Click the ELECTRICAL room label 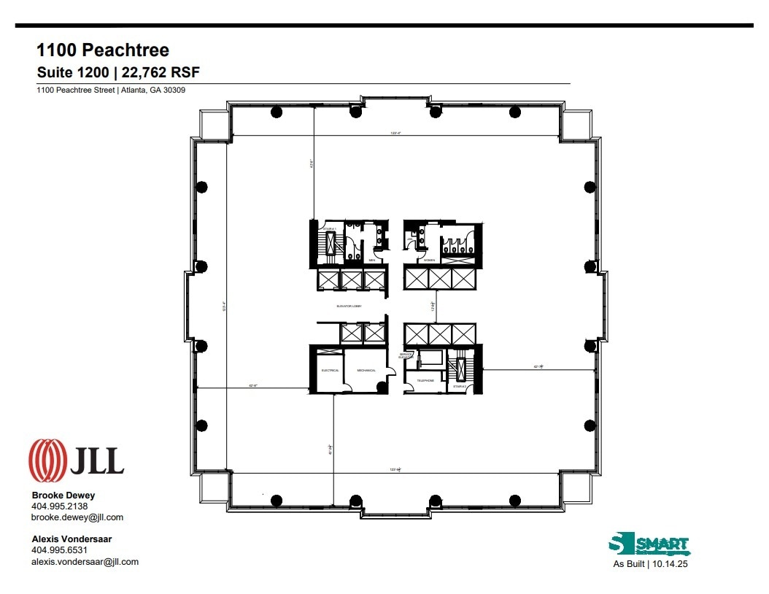(331, 371)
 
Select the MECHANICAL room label (366, 371)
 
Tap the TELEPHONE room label (425, 381)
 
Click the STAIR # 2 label (459, 387)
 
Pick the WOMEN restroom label (430, 260)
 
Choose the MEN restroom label (371, 260)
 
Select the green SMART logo (649, 545)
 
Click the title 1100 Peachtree (103, 50)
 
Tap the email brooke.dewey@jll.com (77, 517)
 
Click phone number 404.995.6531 (59, 550)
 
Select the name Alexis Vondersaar (72, 539)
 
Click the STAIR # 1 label (330, 229)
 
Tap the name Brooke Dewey (63, 495)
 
